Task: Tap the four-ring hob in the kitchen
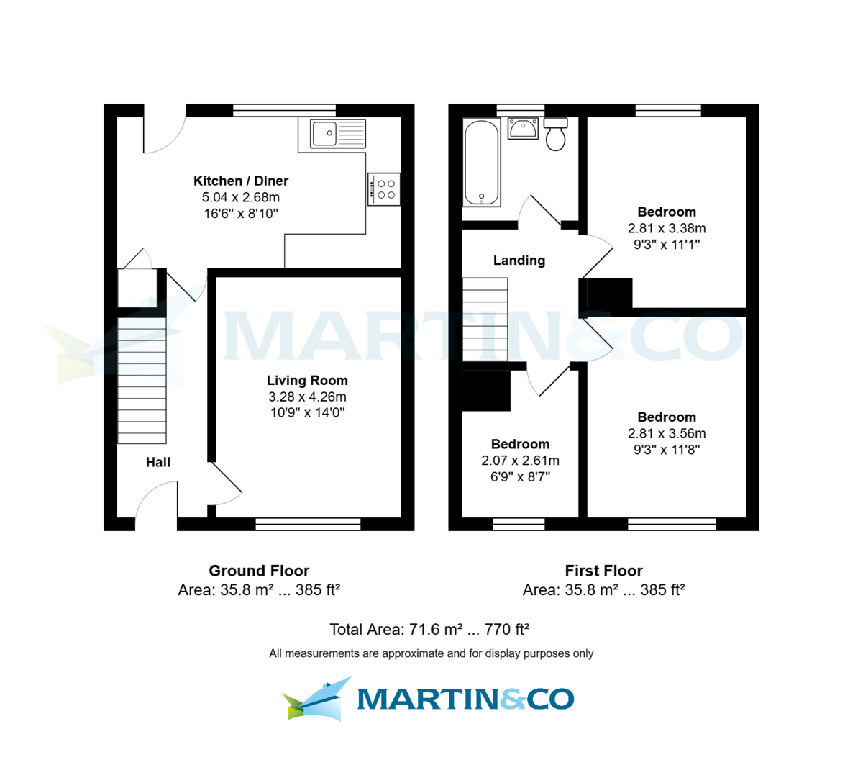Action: (x=383, y=189)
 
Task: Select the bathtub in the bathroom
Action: (x=481, y=163)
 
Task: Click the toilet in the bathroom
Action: (x=556, y=135)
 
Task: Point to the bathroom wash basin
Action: (x=523, y=129)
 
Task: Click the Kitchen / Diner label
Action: (x=241, y=181)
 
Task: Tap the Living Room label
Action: (x=307, y=380)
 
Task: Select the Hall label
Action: (x=158, y=462)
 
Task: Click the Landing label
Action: (x=519, y=261)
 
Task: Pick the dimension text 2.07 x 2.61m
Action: (x=520, y=461)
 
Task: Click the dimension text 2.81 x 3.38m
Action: (x=667, y=228)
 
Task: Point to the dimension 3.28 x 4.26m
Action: (x=307, y=397)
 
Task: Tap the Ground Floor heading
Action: (x=259, y=571)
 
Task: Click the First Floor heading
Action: (x=603, y=571)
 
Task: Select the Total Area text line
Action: (x=429, y=629)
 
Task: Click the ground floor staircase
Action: (x=142, y=381)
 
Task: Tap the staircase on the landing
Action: (x=485, y=319)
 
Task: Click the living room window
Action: (x=308, y=524)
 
